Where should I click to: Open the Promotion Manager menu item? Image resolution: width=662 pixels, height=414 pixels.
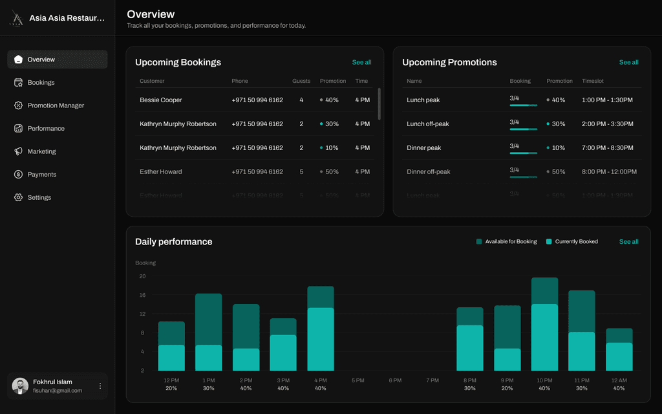[56, 105]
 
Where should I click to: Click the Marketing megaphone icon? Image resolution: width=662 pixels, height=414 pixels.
[18, 151]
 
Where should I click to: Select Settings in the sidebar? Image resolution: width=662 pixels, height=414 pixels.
[39, 197]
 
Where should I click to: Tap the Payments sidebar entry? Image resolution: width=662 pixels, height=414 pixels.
[41, 175]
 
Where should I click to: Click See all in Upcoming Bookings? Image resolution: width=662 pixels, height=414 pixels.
[361, 63]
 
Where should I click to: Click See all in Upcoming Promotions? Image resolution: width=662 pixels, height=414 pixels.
[628, 63]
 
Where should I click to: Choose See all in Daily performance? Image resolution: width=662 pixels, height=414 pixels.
[628, 242]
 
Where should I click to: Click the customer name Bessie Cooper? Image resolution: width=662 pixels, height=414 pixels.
[161, 100]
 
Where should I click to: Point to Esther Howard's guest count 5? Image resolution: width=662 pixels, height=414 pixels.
[301, 172]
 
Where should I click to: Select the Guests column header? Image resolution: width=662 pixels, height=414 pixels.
[301, 82]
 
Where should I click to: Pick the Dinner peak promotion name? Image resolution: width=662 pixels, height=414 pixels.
[424, 148]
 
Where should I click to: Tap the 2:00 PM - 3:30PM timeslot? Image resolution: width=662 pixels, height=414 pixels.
[607, 124]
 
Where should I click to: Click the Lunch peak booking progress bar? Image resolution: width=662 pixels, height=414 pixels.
[523, 105]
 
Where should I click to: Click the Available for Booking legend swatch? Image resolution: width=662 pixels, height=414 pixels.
[479, 242]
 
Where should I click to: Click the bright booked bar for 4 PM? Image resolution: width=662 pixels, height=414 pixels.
[321, 339]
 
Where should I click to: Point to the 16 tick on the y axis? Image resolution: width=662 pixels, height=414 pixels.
[142, 295]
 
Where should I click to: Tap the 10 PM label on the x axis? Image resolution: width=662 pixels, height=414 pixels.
[544, 380]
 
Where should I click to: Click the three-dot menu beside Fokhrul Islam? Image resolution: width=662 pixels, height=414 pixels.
[100, 386]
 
